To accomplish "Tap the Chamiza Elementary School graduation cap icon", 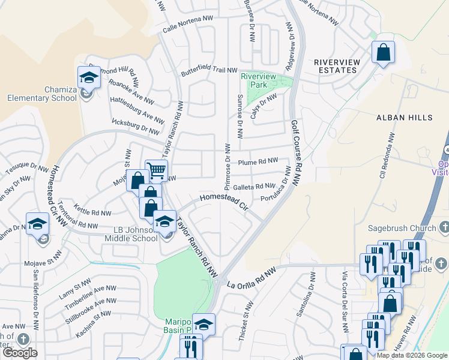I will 88,77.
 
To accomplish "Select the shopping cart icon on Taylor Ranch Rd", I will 156,170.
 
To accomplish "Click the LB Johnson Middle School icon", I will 164,221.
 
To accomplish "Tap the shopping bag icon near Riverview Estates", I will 383,52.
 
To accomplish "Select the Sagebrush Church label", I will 404,227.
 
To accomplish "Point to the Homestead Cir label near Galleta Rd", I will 224,202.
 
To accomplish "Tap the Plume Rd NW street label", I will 258,161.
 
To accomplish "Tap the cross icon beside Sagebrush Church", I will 444,227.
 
